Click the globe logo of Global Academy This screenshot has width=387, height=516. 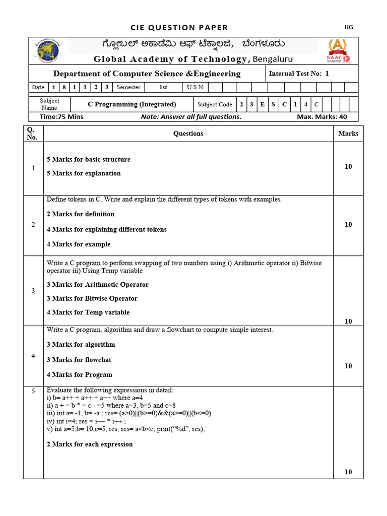[46, 50]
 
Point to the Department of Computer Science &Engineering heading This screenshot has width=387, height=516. [147, 74]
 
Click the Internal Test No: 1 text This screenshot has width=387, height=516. [299, 74]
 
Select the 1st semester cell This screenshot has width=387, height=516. [163, 87]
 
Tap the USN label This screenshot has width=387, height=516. [195, 87]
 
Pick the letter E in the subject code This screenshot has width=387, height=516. [262, 105]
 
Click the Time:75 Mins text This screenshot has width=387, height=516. [61, 117]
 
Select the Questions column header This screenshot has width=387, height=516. [188, 134]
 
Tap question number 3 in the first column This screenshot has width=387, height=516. [33, 291]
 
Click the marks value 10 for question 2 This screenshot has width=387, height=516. [348, 225]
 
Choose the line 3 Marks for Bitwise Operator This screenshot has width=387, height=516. [92, 298]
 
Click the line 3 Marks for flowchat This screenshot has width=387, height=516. [79, 360]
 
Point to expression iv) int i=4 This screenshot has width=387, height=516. [86, 421]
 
